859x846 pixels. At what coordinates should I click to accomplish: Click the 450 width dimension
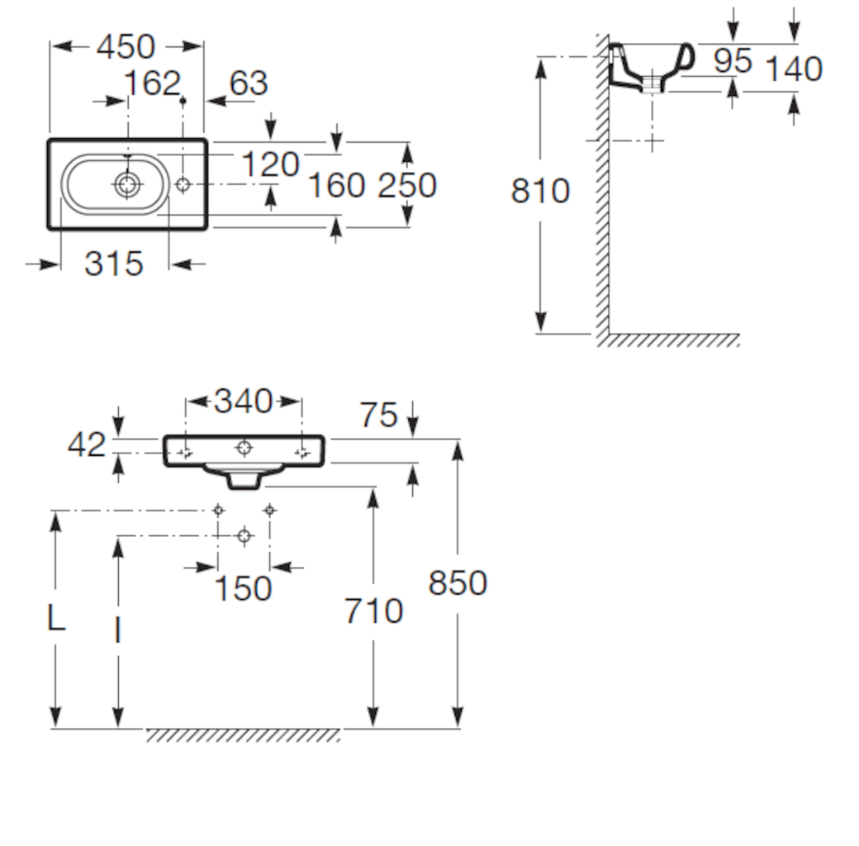click(126, 47)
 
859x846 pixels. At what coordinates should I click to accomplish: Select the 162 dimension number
click(152, 83)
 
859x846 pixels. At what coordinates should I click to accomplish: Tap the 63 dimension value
click(249, 83)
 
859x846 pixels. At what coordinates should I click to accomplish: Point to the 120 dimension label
click(271, 164)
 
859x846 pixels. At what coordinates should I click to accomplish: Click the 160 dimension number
click(337, 185)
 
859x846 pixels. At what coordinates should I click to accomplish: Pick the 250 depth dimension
click(407, 185)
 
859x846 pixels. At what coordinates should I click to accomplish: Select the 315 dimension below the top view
click(114, 264)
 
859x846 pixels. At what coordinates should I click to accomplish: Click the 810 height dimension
click(540, 191)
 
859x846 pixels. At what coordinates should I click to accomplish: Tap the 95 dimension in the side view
click(733, 60)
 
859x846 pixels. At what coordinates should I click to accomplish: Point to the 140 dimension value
click(794, 69)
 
